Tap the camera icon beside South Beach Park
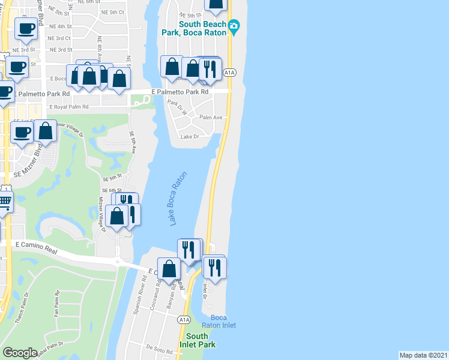[234, 26]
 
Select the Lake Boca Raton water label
[178, 199]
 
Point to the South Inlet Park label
[197, 340]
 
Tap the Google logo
[20, 353]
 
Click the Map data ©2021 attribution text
[424, 355]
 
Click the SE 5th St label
[112, 178]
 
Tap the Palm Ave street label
[211, 118]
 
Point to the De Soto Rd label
[159, 347]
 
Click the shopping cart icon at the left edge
[4, 202]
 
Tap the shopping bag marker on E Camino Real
[169, 269]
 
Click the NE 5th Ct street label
[113, 12]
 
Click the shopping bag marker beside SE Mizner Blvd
[45, 130]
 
